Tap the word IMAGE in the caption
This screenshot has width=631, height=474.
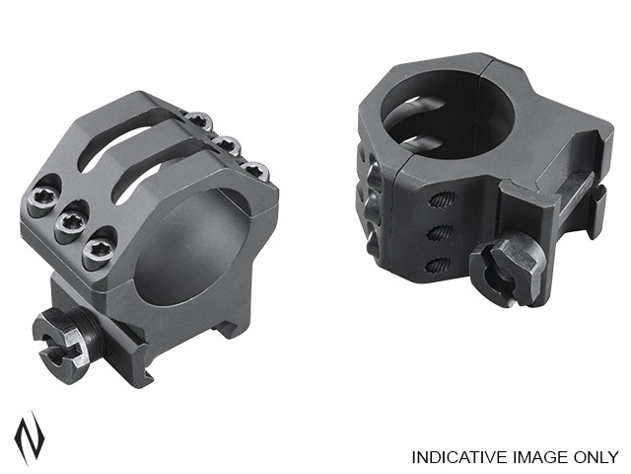coord(537,457)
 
